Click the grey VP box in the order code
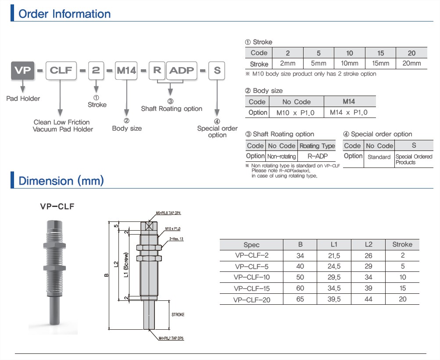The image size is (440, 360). tap(23, 70)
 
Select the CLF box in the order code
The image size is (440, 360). tap(61, 70)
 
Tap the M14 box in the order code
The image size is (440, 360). tap(126, 70)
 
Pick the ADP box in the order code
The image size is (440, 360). tap(182, 70)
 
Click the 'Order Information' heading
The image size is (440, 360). tap(64, 14)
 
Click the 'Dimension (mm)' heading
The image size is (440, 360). tap(61, 181)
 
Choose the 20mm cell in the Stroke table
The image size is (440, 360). tap(411, 64)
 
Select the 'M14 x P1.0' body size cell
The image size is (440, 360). tap(349, 113)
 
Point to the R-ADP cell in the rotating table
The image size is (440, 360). tap(316, 156)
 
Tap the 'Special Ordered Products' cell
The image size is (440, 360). tap(414, 159)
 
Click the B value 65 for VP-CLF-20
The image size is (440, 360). tap(300, 299)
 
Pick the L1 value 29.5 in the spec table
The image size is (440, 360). tap(335, 277)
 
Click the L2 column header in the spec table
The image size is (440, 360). tap(368, 244)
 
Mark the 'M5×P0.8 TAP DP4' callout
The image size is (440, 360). tap(168, 213)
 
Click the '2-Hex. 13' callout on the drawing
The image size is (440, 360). tap(176, 239)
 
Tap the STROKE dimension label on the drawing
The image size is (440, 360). tap(178, 315)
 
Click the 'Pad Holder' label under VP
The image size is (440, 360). tap(23, 99)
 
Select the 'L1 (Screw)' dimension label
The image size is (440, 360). tap(126, 265)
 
